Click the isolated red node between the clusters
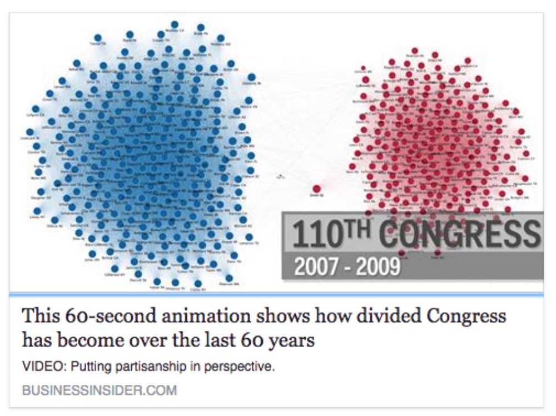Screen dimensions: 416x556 click(317, 189)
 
